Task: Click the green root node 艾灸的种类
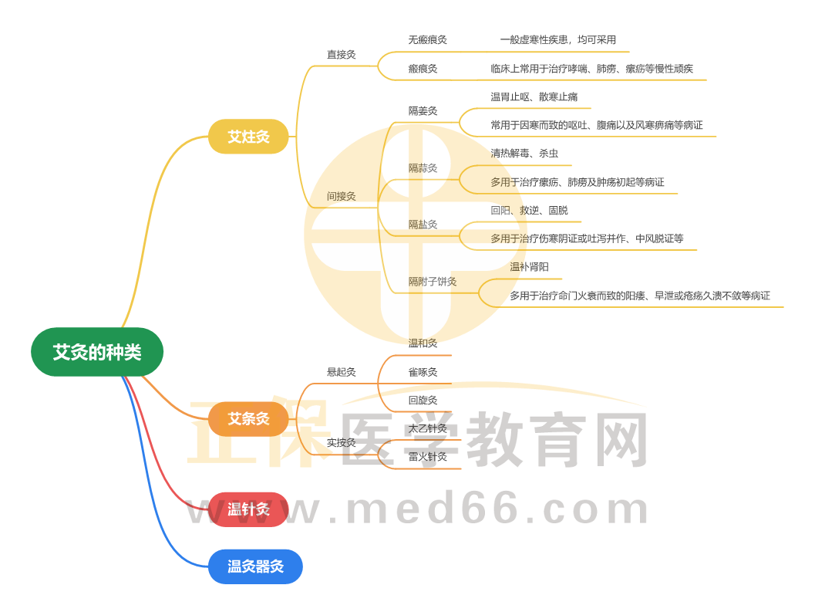97,352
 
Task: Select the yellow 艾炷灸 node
248,137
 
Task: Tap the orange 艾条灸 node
248,419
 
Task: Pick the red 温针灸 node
248,509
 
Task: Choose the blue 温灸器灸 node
255,566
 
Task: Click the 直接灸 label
341,54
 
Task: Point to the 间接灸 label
341,196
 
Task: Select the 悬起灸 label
341,372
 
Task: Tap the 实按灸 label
341,442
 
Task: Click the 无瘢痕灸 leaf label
427,39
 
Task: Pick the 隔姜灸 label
423,110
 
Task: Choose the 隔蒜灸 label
423,167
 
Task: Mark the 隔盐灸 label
423,225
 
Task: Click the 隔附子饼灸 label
433,281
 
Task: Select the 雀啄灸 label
423,372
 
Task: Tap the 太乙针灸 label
427,428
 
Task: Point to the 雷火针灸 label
427,456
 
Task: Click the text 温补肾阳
529,267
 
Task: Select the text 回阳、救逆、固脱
529,210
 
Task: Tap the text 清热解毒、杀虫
524,153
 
